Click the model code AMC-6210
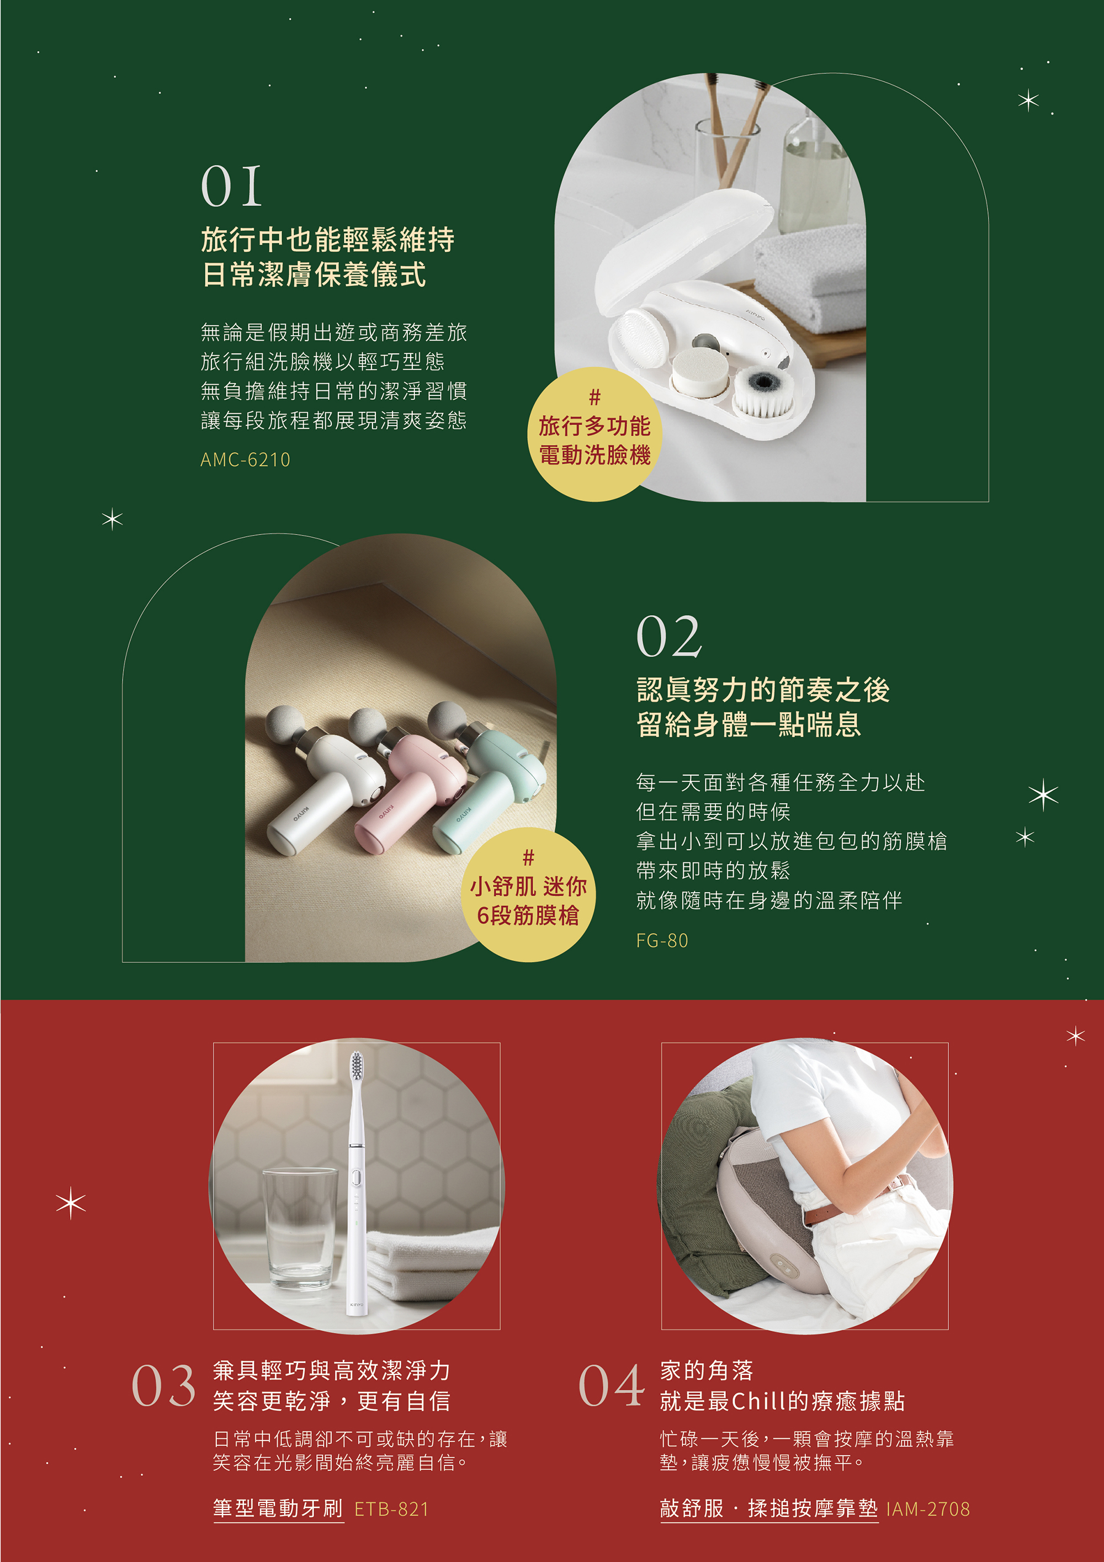click(245, 460)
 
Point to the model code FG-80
click(662, 940)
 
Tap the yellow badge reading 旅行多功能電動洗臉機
click(595, 434)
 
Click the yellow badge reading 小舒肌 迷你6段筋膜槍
click(528, 894)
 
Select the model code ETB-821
click(392, 1509)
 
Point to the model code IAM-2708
click(928, 1509)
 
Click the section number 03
click(163, 1385)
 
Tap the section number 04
click(611, 1385)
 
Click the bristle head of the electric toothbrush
click(355, 1066)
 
